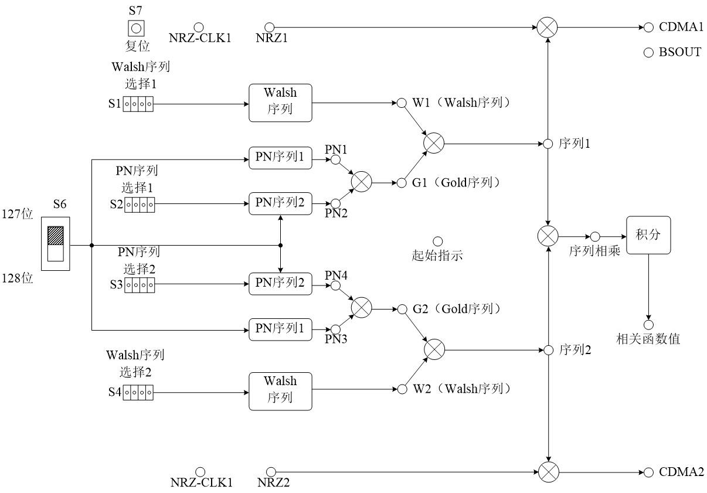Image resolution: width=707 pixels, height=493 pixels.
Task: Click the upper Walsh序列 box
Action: click(280, 103)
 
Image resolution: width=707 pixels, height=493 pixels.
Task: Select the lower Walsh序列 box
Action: click(280, 391)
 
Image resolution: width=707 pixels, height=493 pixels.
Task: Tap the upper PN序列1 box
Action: click(280, 158)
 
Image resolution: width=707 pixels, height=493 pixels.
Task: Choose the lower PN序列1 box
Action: click(280, 329)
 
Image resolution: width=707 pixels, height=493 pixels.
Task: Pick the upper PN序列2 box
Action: click(280, 203)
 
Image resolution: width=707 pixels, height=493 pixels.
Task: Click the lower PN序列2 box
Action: click(280, 284)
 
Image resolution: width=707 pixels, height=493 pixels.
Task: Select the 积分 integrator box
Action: click(648, 235)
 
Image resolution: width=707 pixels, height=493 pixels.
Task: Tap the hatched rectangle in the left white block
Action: click(56, 236)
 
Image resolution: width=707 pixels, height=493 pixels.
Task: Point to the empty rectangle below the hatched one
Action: click(56, 253)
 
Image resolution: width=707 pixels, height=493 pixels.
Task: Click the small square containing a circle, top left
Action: click(136, 28)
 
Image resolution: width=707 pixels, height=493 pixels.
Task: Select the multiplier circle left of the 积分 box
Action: click(548, 236)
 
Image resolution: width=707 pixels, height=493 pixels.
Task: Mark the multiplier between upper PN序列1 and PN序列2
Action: click(361, 182)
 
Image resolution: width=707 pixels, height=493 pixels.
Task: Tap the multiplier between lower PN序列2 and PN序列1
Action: click(361, 307)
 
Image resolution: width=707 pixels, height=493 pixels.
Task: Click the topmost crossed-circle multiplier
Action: click(547, 28)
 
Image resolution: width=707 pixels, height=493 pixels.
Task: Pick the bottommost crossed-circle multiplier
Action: click(549, 472)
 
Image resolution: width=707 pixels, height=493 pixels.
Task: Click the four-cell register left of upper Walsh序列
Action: click(138, 104)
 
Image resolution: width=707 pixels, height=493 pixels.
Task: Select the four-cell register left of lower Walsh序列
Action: click(138, 393)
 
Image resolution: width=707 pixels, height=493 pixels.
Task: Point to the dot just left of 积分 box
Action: click(595, 237)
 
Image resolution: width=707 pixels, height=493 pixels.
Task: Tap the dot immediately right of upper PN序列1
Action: click(335, 159)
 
